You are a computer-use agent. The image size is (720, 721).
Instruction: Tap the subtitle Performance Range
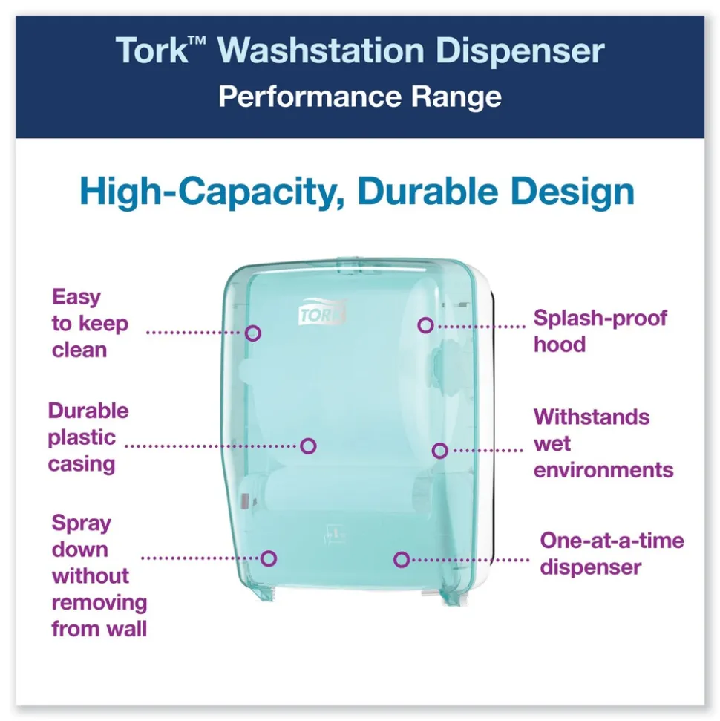pos(359,97)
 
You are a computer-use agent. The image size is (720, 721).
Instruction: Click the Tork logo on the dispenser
pos(322,313)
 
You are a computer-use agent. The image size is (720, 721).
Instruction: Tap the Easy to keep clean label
pos(89,324)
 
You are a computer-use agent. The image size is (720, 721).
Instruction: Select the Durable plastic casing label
pos(88,437)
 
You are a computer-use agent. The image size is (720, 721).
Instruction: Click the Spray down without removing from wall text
pos(99,575)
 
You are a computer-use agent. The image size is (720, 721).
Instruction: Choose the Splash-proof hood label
pos(600,331)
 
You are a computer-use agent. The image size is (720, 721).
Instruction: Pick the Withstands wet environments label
pos(603,443)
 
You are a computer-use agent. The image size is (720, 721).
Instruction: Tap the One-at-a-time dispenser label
pos(611,553)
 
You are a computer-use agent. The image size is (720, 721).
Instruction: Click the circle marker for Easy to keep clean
pos(253,333)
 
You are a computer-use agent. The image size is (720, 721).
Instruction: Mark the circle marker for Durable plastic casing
pos(309,446)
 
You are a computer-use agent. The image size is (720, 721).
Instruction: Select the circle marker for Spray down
pos(269,558)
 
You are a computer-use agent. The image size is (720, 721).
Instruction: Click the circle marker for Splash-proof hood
pos(425,325)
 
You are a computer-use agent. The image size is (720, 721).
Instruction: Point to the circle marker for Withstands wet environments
pos(439,450)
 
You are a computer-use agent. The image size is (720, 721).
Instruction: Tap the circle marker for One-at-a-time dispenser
pos(402,559)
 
